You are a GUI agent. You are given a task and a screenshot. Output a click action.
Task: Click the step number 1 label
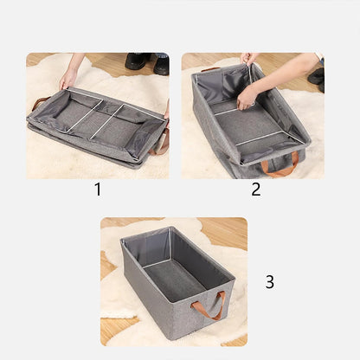click(97, 190)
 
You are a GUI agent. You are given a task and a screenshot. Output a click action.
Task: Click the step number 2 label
click(255, 190)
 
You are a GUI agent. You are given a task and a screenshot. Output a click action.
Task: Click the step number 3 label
click(269, 282)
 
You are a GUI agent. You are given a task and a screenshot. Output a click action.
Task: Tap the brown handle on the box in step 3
click(210, 305)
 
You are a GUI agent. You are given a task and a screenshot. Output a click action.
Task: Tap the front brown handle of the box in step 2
click(280, 165)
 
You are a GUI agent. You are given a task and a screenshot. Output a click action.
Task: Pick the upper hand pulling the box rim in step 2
click(248, 59)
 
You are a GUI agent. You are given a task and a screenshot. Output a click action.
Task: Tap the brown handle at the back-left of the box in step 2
click(210, 69)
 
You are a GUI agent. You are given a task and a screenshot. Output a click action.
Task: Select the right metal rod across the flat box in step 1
click(107, 121)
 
